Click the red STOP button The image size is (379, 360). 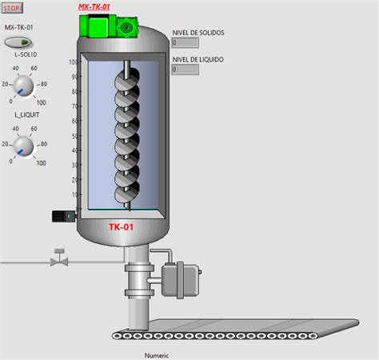coord(12,8)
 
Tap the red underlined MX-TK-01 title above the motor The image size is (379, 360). coord(94,7)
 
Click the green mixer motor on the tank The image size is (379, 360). coord(109,26)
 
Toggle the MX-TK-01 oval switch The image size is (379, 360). coord(18,42)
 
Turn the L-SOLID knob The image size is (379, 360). coord(23,86)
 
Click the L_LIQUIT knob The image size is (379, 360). coord(23,146)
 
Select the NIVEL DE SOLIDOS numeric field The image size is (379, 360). coord(185,42)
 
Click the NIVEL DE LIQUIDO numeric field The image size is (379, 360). coord(185,70)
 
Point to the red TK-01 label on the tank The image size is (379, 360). coord(122,227)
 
